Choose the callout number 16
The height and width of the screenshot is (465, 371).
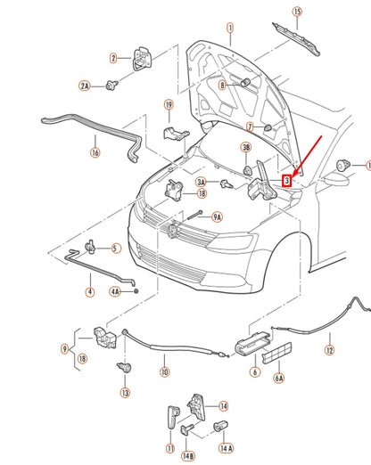[x=95, y=152]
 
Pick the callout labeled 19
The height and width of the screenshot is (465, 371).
[x=168, y=105]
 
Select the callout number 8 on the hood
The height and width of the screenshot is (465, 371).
[x=223, y=86]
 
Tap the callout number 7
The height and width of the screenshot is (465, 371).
[x=251, y=126]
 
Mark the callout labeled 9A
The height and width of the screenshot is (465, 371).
[x=216, y=216]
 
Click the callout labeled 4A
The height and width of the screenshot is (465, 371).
[x=115, y=290]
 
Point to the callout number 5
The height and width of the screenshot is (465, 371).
[x=116, y=249]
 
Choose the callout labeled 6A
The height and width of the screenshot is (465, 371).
[x=279, y=378]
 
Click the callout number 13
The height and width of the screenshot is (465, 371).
[x=125, y=392]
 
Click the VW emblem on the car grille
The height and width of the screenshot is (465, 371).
[x=169, y=231]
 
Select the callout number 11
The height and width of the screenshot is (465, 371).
[x=169, y=448]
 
